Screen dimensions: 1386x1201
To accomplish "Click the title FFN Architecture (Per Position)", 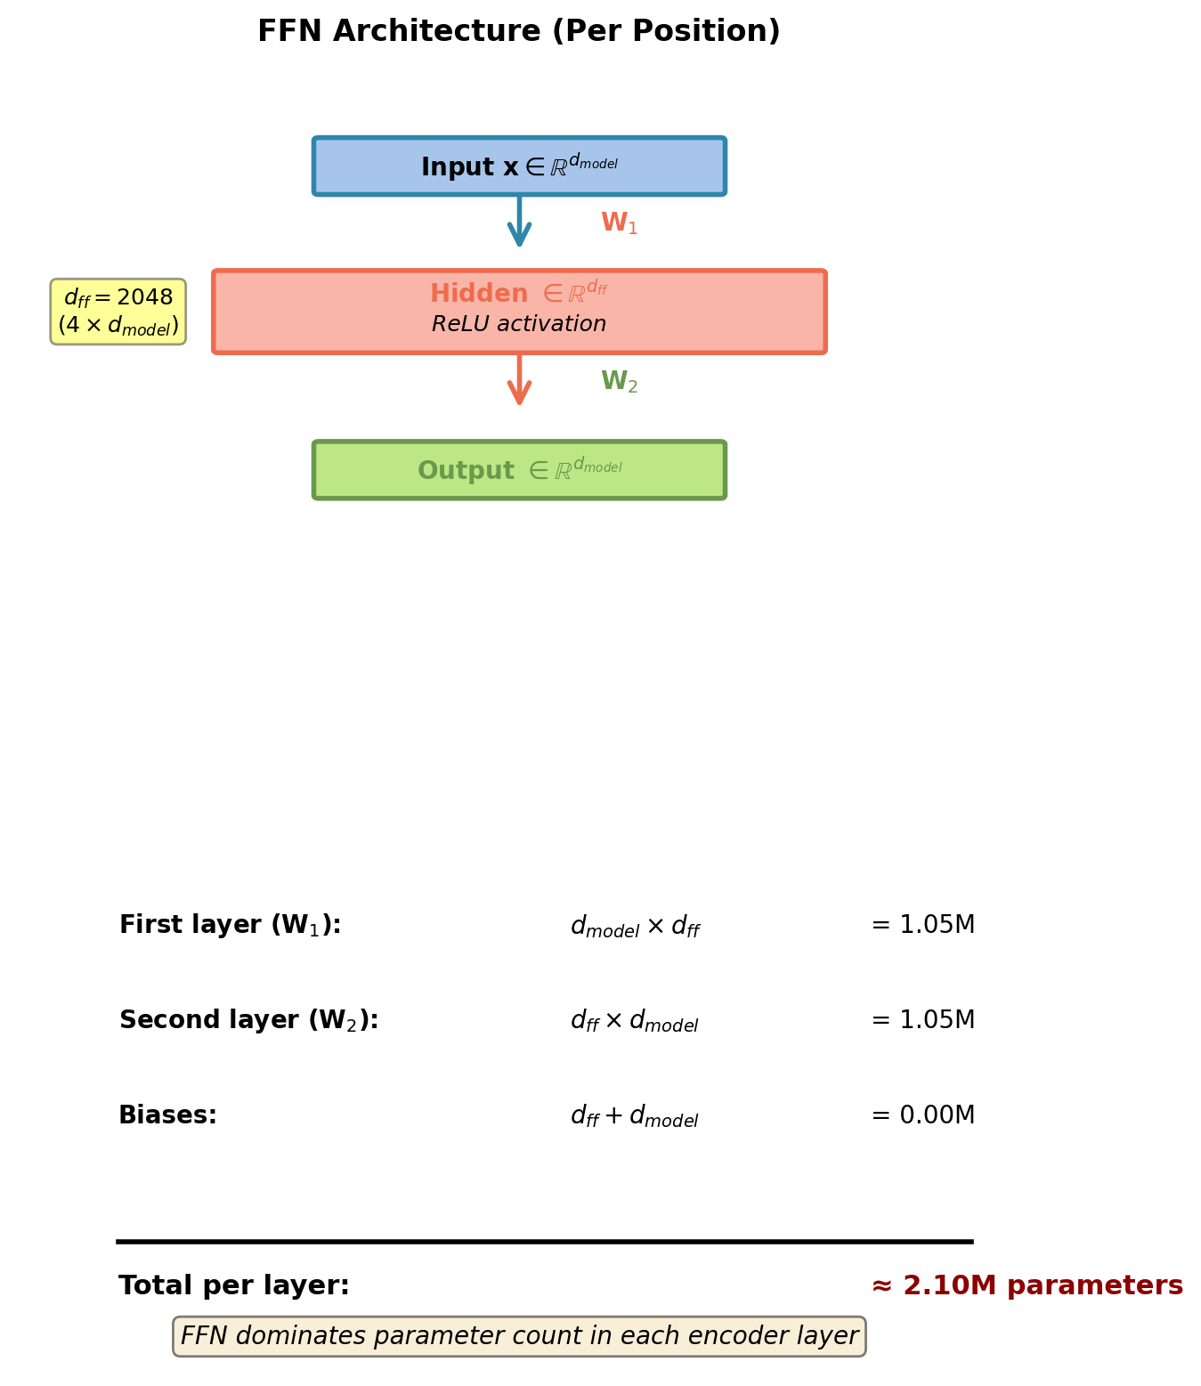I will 518,32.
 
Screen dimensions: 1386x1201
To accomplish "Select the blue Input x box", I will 519,166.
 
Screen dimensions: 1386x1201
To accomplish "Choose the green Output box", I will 519,470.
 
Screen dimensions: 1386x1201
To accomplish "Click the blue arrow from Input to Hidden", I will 519,220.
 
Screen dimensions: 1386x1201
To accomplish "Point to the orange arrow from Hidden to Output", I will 519,379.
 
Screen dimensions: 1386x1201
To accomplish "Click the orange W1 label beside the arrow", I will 619,223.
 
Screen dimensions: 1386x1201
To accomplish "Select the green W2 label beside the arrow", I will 619,382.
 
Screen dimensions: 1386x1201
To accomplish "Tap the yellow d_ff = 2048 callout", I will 118,312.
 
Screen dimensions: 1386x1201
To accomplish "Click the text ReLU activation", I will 519,325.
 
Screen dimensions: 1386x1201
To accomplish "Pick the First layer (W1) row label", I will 230,926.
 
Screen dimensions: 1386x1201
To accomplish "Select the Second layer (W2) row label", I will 248,1021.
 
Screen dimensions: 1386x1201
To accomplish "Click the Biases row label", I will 167,1115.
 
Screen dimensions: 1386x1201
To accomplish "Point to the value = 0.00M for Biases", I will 922,1115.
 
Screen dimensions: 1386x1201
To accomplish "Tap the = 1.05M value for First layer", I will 922,926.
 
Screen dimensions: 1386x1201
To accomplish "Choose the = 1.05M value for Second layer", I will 922,1021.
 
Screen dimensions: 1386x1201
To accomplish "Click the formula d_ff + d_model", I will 634,1116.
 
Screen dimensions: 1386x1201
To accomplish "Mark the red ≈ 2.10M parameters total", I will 1027,1286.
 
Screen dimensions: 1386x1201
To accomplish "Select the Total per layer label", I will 234,1286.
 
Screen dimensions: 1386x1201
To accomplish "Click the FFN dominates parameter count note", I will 519,1336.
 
